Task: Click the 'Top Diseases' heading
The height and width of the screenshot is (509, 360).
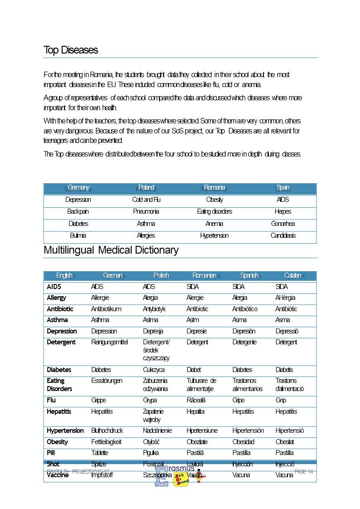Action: point(71,50)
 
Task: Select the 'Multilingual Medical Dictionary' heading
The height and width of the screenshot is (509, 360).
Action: point(111,250)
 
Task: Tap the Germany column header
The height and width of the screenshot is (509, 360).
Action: point(78,187)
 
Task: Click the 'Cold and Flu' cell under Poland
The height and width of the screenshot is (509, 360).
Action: point(146,200)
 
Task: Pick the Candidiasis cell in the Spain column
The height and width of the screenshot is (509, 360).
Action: point(283,235)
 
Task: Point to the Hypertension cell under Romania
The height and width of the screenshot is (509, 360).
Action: point(214,235)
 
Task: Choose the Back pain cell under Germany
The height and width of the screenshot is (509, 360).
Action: point(78,211)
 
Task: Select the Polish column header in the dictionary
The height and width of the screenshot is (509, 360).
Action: point(161,275)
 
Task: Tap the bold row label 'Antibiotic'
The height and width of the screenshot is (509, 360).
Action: point(60,309)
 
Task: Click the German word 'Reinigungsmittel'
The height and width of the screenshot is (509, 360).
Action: point(109,342)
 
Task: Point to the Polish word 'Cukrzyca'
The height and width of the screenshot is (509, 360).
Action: point(153,370)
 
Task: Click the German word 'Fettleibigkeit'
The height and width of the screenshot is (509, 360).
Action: point(106,442)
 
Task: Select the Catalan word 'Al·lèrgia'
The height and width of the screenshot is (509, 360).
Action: point(285,298)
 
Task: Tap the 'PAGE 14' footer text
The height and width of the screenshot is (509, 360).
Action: point(304,472)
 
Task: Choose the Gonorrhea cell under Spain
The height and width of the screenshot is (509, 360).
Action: point(283,224)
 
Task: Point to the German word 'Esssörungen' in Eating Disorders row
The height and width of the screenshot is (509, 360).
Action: point(107,381)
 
